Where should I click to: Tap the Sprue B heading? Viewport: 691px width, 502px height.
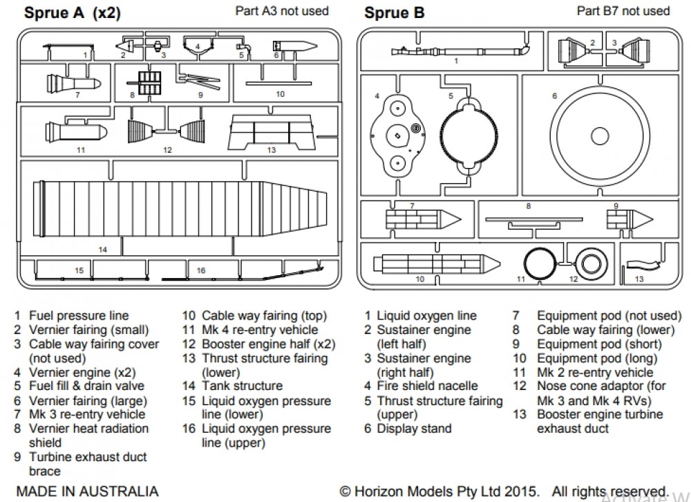395,13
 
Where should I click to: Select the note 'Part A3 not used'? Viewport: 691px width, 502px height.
282,11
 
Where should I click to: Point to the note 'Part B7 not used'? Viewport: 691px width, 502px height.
623,11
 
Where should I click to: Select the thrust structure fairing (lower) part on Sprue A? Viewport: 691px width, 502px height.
271,131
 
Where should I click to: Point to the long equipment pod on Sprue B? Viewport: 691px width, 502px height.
435,263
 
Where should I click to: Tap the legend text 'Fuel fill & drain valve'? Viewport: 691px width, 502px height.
86,386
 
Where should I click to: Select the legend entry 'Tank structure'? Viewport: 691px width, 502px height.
242,386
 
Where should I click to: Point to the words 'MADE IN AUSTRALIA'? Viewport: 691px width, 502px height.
86,492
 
